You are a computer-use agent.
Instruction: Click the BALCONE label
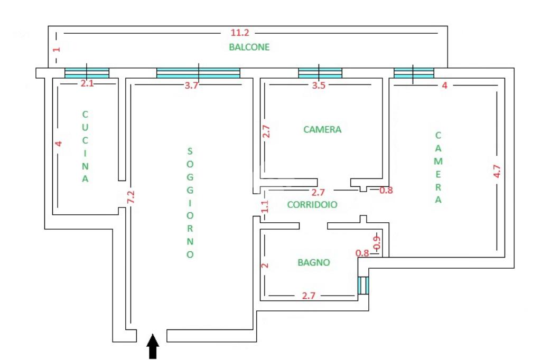249,47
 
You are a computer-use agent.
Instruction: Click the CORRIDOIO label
312,205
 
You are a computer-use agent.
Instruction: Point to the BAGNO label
313,262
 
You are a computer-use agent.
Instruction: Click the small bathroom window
362,286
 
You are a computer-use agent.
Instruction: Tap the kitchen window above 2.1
87,73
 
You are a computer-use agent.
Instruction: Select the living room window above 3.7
198,73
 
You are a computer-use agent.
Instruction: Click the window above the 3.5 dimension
320,73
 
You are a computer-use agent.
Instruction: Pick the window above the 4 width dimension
414,73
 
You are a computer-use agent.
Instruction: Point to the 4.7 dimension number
497,172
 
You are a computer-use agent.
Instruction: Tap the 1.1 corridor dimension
265,206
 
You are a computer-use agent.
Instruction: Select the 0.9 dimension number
377,242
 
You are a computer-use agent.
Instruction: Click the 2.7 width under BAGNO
309,296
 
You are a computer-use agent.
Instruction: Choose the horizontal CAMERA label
322,129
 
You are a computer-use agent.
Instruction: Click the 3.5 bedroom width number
319,86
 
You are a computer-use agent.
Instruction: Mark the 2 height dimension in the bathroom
265,266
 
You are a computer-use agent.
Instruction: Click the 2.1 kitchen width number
87,83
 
